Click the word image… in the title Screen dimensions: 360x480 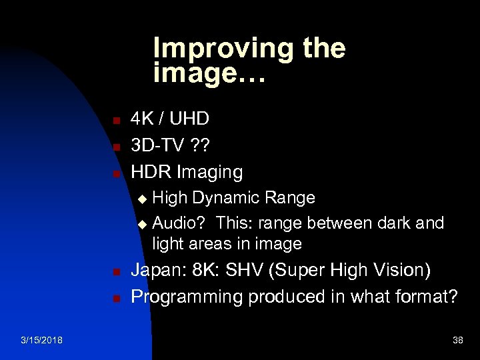209,73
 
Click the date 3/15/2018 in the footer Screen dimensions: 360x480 42,341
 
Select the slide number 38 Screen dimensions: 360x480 457,341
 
